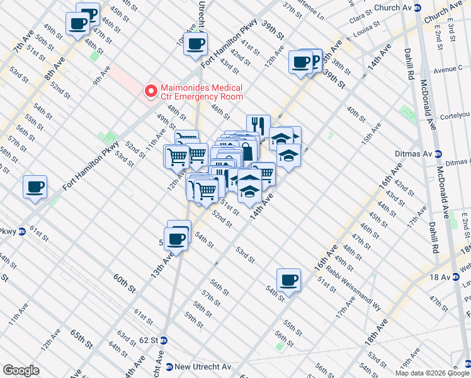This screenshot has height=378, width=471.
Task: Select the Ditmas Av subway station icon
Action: (x=440, y=154)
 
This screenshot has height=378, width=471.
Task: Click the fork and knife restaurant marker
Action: (x=258, y=125)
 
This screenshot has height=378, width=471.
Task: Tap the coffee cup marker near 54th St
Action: (x=288, y=279)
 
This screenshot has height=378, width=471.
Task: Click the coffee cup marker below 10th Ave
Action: (x=195, y=43)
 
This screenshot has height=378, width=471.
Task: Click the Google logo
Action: (x=21, y=370)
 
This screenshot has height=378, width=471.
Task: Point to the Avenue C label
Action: (x=448, y=69)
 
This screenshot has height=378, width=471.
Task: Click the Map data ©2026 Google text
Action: (x=431, y=373)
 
